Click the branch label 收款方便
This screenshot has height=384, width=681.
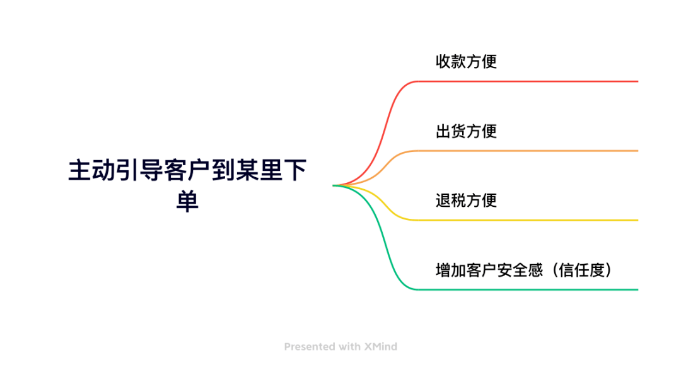click(x=466, y=62)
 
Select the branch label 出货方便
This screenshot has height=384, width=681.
click(x=466, y=131)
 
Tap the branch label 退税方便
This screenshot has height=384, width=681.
click(x=466, y=201)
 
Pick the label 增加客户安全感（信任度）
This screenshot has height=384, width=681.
click(x=524, y=270)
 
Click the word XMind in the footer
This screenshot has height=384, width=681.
click(x=380, y=346)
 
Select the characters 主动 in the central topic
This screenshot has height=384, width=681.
click(x=92, y=172)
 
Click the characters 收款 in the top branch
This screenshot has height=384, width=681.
click(x=451, y=62)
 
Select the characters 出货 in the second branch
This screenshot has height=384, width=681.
click(x=451, y=131)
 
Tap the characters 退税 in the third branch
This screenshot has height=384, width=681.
click(x=451, y=201)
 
